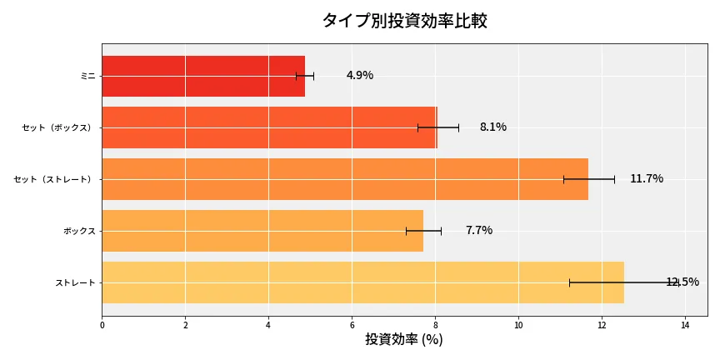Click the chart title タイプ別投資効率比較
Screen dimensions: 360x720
(404, 21)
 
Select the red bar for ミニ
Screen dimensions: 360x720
(203, 76)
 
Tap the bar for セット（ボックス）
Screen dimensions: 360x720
(269, 127)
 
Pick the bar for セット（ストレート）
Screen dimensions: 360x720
(345, 179)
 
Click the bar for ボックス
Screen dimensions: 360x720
(262, 231)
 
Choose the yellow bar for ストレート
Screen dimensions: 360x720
(362, 282)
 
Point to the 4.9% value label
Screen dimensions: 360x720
(360, 76)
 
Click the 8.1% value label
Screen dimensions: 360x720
(492, 127)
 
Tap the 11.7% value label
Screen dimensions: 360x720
(647, 179)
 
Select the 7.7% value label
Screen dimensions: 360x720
(479, 231)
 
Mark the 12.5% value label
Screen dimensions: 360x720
(682, 282)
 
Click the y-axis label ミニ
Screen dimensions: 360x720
(87, 76)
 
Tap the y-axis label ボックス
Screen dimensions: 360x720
(79, 231)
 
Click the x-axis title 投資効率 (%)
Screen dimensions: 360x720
(404, 340)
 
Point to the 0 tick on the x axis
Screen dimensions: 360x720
(102, 325)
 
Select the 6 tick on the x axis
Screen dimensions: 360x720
(352, 325)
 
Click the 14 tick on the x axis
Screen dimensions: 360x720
(685, 325)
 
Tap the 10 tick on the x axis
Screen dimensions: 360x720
(518, 325)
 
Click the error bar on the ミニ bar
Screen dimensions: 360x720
(305, 76)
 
